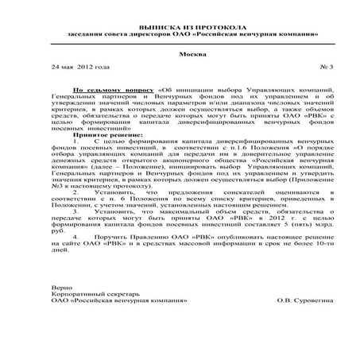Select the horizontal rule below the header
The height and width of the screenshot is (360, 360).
pyautogui.click(x=180, y=45)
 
